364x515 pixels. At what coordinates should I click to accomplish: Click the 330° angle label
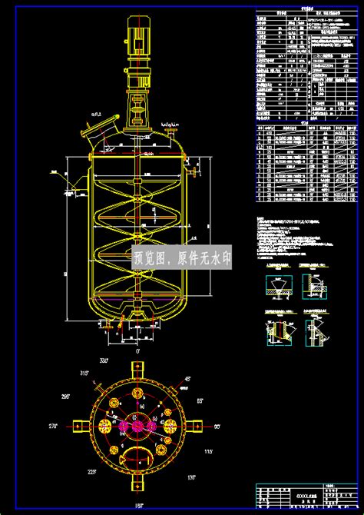pyautogui.click(x=105, y=359)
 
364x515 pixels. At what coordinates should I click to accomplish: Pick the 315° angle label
pyautogui.click(x=84, y=374)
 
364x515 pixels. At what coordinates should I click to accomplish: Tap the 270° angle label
pyautogui.click(x=54, y=425)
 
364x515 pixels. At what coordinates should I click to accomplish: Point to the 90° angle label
pyautogui.click(x=217, y=425)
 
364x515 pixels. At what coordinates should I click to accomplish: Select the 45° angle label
pyautogui.click(x=186, y=377)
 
